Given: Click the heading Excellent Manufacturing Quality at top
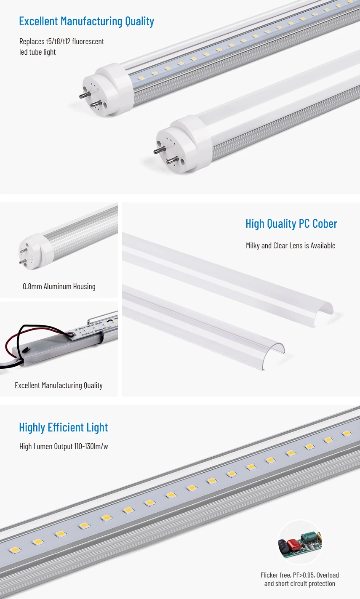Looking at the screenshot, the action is (86, 21).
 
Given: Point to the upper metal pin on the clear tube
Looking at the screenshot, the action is (86, 94).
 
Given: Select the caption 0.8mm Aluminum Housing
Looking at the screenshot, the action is (59, 287).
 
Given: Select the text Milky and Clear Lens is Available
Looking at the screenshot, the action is (291, 246).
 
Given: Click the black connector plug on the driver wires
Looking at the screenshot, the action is (25, 349).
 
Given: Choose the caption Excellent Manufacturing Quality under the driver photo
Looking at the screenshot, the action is (59, 386).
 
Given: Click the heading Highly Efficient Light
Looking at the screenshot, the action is (63, 428).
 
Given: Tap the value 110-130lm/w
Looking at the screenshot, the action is (91, 447).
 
